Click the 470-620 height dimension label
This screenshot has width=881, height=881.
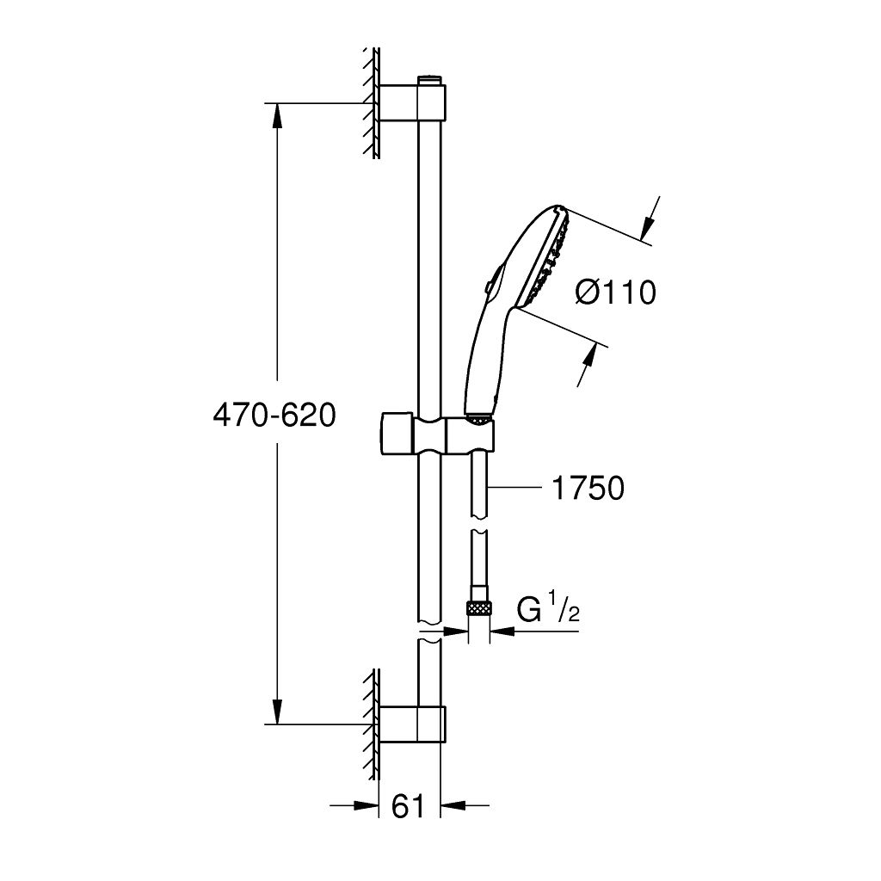[274, 416]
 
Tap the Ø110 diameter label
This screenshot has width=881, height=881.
[616, 293]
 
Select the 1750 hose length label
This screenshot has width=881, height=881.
[588, 488]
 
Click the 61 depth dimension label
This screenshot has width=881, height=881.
[408, 807]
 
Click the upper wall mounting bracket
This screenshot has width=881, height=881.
[412, 102]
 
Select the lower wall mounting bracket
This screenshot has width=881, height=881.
[412, 724]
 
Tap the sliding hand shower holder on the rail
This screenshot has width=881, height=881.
[438, 434]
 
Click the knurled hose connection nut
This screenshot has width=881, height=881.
[478, 608]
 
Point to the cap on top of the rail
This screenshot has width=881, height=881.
[430, 80]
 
